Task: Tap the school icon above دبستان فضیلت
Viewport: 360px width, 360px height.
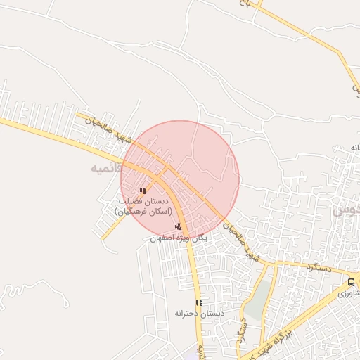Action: click(x=143, y=191)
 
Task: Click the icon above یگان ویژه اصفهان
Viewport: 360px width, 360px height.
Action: click(x=179, y=226)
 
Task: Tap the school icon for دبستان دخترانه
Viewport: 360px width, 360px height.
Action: click(x=199, y=302)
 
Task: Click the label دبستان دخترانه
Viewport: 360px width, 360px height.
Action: click(x=199, y=314)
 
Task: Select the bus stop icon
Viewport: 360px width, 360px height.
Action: click(x=351, y=282)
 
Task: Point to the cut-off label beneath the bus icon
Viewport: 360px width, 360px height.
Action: click(x=349, y=293)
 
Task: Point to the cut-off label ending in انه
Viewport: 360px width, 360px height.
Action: click(x=354, y=148)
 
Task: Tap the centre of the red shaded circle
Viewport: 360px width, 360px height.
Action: click(x=180, y=179)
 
